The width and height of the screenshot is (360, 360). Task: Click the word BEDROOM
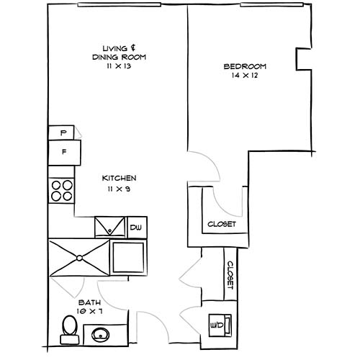(245, 66)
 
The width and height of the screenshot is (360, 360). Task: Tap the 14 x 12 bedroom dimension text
(245, 76)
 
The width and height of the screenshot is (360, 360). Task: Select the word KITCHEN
(119, 178)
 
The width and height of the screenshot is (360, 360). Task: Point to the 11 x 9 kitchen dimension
(119, 189)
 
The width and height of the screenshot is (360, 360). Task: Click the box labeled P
(64, 132)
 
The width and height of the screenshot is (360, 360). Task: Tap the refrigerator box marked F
(64, 152)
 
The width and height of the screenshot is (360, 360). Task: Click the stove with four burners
(62, 189)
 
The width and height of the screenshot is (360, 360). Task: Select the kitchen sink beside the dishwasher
(110, 226)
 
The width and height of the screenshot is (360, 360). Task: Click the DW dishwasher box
(137, 228)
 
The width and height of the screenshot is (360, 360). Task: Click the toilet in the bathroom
(69, 328)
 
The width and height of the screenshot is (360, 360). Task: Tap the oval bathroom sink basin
(100, 333)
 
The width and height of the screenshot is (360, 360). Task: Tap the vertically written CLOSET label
(230, 274)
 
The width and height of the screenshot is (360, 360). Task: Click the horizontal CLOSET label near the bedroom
(221, 224)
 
